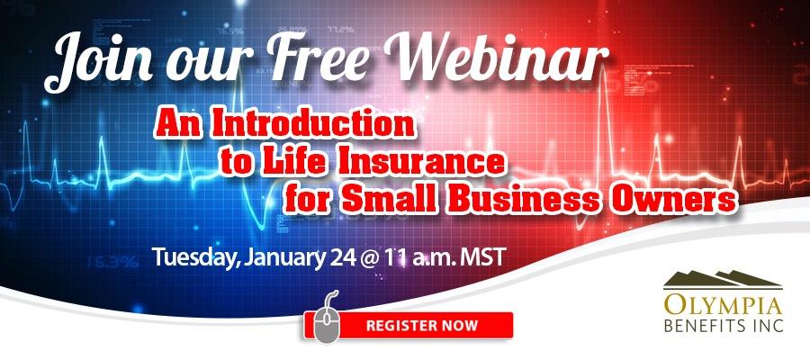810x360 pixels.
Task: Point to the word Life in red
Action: (x=289, y=162)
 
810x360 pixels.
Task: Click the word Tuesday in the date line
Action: (x=197, y=257)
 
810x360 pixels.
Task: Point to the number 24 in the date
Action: (x=342, y=257)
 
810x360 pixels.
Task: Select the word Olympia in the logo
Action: (x=724, y=306)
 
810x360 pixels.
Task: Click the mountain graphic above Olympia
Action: (x=723, y=279)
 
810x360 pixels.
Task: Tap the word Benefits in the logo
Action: (x=708, y=326)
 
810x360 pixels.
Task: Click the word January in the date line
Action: (x=285, y=257)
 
